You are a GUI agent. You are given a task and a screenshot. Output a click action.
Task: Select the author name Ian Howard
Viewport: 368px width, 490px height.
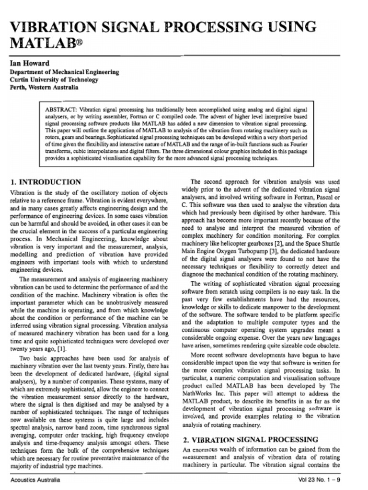point(30,63)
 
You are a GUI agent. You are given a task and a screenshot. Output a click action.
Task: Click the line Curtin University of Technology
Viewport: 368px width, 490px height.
point(54,79)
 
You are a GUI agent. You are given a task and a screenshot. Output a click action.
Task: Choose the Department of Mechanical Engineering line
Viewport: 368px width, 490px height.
point(65,72)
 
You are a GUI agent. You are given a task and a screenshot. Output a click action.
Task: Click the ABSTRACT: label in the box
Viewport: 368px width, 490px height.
point(60,109)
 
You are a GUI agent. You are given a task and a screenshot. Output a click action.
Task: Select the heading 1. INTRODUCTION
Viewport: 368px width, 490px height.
point(46,182)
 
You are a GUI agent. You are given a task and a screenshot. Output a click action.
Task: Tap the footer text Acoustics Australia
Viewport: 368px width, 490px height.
point(35,479)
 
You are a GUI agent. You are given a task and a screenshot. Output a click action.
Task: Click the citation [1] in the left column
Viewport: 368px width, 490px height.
point(62,349)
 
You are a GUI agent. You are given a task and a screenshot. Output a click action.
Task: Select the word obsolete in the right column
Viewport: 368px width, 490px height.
point(328,345)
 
